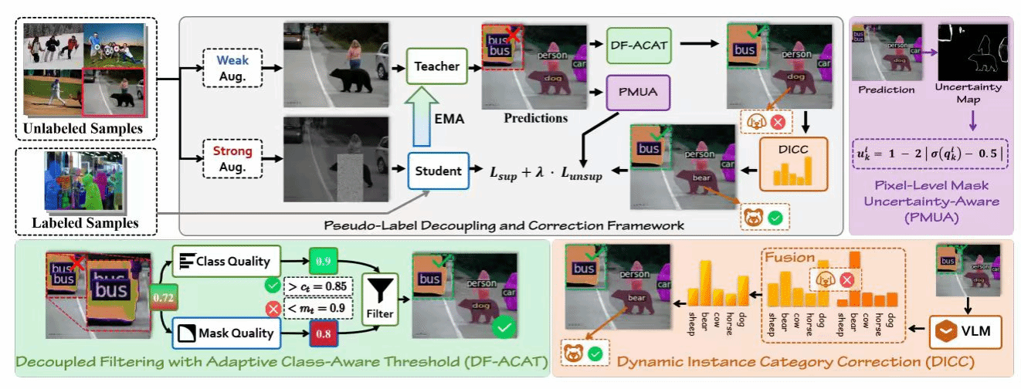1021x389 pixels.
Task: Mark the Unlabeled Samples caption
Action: pos(83,127)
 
